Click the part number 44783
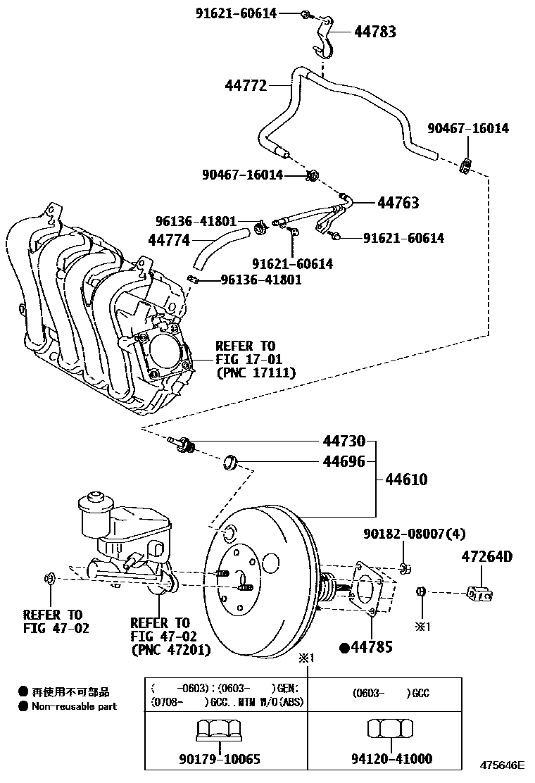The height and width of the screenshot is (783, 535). point(374,32)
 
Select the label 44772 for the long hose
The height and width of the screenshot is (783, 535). point(246,86)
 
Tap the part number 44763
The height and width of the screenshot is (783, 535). point(398,203)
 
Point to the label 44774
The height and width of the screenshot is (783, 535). point(168,240)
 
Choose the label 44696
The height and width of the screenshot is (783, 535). point(344,462)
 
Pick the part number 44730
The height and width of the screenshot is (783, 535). point(344,441)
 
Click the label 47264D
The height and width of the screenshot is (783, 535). point(487,557)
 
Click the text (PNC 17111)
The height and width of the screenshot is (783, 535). point(256,372)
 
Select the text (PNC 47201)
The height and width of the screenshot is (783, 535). point(171,650)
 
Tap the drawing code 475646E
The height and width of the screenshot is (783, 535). point(503,765)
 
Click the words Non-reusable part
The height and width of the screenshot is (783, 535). point(74,706)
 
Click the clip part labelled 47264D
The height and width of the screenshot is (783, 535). point(481,594)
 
